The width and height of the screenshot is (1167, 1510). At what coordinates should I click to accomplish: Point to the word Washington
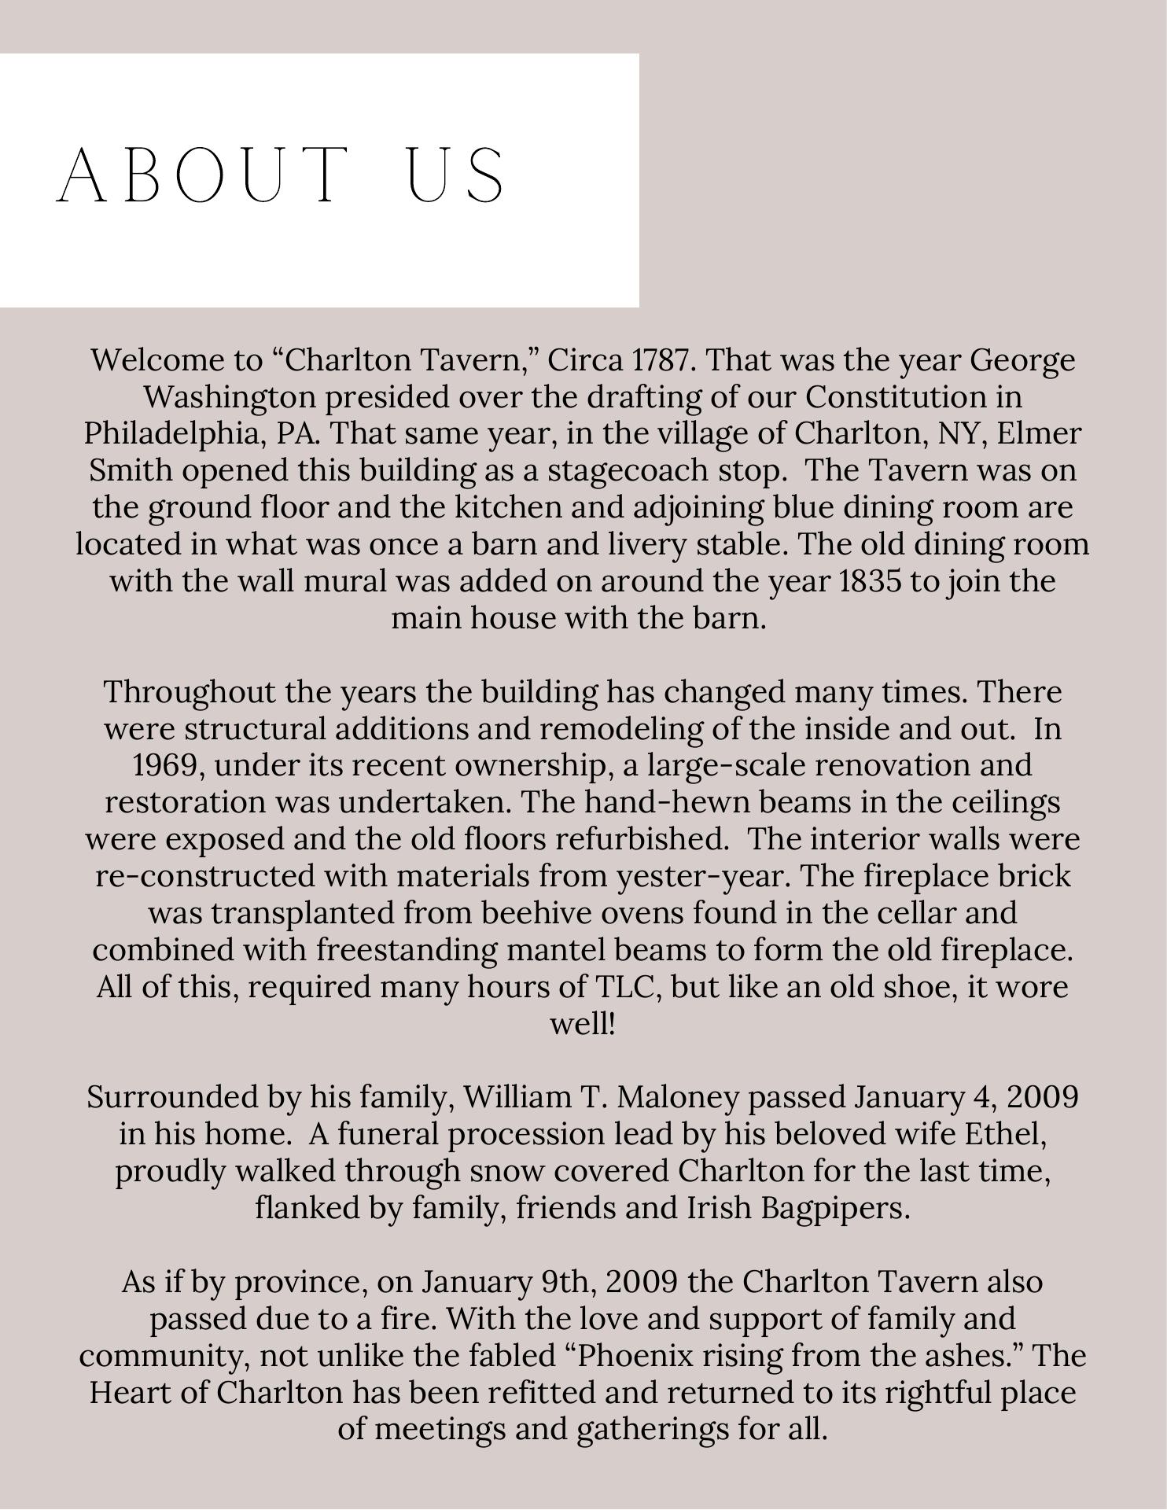coord(230,396)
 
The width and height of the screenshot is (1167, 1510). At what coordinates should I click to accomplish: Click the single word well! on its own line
coord(582,1023)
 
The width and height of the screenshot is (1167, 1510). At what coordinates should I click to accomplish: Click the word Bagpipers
coord(836,1208)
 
